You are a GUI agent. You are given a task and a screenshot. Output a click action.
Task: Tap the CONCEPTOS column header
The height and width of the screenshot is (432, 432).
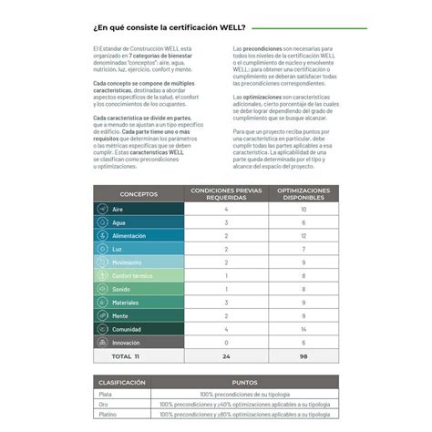point(139,194)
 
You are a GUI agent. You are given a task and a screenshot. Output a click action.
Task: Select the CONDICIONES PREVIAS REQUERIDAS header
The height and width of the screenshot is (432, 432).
point(225,194)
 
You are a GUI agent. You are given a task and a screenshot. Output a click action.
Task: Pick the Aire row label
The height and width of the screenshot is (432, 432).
point(118,210)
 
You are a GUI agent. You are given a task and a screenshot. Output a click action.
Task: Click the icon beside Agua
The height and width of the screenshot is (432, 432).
point(103,222)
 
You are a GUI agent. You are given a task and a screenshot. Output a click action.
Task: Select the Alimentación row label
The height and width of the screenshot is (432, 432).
point(129,236)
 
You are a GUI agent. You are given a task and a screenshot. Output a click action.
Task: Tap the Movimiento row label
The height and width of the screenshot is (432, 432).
point(127,262)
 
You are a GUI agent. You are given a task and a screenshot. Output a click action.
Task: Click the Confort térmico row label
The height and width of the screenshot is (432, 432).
point(132,275)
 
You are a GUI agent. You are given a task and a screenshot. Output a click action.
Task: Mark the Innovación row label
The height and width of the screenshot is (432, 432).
point(127,342)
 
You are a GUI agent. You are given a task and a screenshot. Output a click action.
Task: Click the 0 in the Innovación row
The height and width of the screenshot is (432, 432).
point(225,342)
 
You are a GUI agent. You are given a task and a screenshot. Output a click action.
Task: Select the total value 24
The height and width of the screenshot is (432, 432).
point(225,355)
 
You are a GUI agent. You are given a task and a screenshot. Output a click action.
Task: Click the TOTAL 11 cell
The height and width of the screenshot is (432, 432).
point(125,355)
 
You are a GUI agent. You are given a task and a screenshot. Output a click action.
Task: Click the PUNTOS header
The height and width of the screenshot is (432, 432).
point(244,383)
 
